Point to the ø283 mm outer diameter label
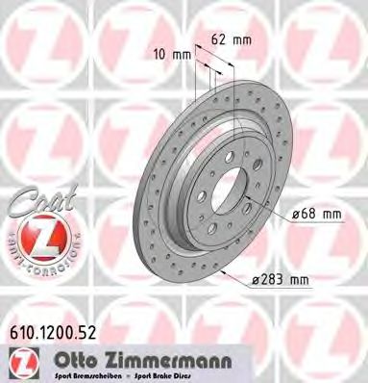(x=282, y=279)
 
